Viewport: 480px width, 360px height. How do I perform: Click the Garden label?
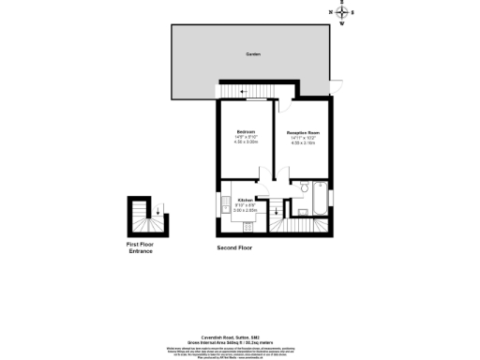click(x=252, y=54)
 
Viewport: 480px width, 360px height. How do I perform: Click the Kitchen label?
click(x=245, y=200)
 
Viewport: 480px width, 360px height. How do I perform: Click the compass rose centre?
click(x=341, y=14)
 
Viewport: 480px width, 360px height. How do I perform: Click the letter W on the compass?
click(x=341, y=24)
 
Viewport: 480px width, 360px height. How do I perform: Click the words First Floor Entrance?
click(x=140, y=247)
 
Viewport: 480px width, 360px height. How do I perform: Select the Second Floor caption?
click(x=233, y=247)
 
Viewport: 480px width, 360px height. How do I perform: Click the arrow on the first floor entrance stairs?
click(x=157, y=210)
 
